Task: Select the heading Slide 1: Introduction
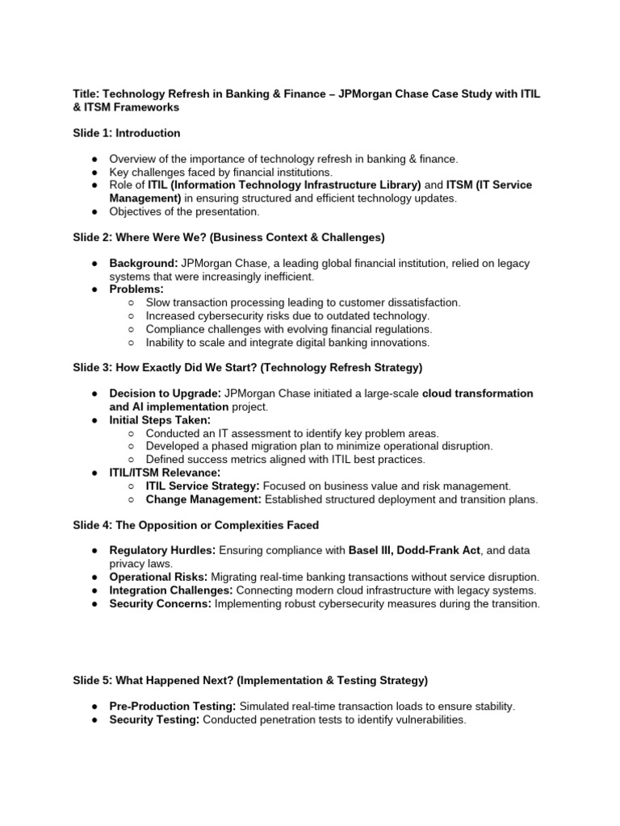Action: [x=127, y=132]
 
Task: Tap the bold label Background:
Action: [x=144, y=264]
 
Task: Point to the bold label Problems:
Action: [x=136, y=289]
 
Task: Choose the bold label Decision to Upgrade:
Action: [x=165, y=393]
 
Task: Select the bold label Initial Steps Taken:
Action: [x=160, y=420]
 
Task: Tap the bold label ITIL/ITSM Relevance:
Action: [x=165, y=472]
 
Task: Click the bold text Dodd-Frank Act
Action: [x=442, y=549]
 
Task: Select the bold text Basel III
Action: [x=374, y=549]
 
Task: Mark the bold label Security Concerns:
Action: [x=160, y=603]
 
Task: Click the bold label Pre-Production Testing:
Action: [x=173, y=706]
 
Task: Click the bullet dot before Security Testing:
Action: [x=94, y=720]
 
